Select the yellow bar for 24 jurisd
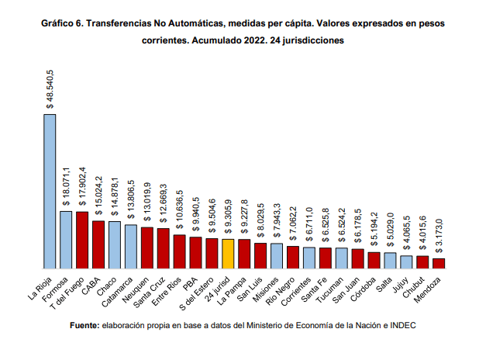[x=228, y=252]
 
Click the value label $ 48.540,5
[x=50, y=88]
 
